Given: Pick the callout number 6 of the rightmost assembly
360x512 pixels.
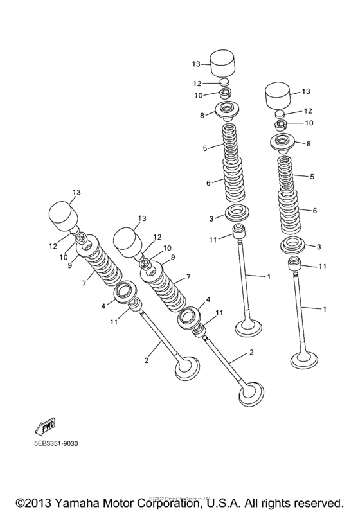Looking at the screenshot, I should click(314, 211).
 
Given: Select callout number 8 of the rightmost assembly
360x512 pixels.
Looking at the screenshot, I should click(308, 144).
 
